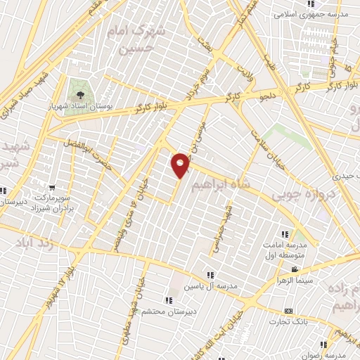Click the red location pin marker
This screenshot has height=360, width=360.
(181, 165)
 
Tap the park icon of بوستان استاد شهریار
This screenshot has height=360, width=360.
(79, 95)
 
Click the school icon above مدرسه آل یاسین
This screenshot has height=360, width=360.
(210, 275)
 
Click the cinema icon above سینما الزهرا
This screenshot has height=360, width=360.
(295, 270)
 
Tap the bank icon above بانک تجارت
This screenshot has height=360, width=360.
(288, 311)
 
